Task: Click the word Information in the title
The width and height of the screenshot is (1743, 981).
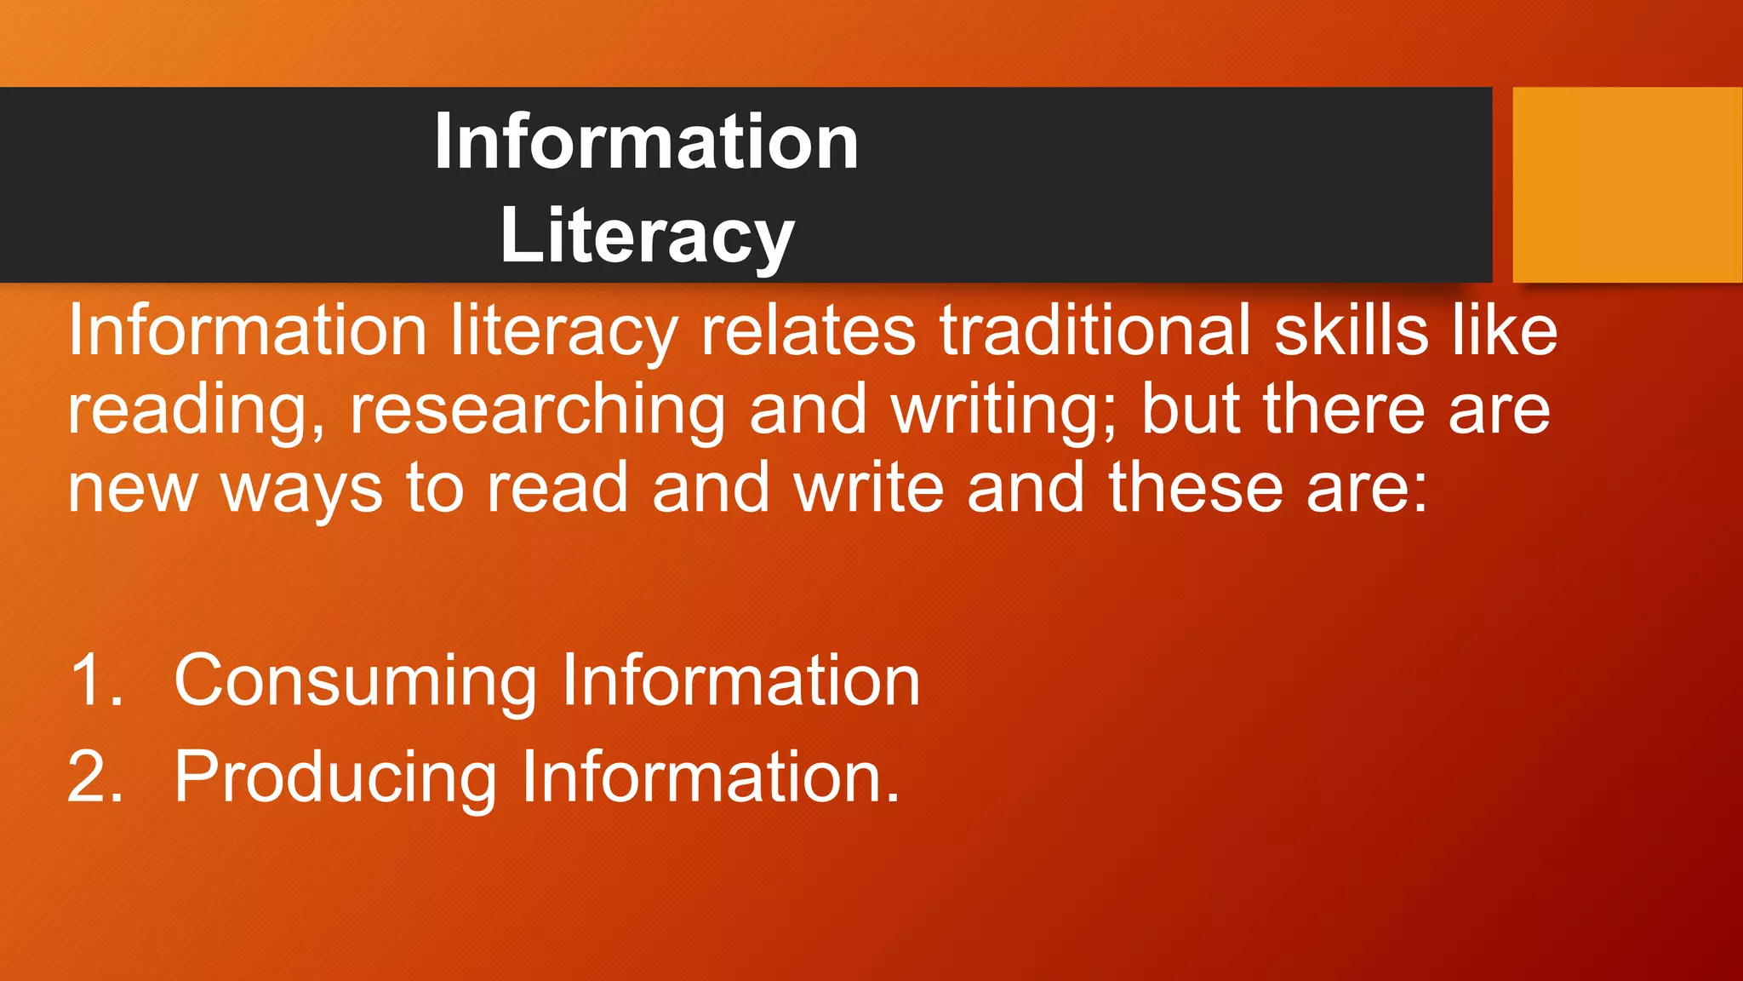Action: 646,142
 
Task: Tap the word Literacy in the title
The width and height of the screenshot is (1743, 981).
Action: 647,236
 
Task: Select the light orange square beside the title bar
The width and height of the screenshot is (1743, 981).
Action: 1627,185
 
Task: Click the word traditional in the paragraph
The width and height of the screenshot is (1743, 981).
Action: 1095,330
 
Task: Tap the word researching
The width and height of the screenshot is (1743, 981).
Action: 537,410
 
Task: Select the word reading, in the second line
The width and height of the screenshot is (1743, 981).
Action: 196,410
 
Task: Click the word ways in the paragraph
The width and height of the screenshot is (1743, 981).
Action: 301,490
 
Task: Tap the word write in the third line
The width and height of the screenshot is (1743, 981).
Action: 869,488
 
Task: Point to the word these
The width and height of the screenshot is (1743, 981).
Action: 1195,488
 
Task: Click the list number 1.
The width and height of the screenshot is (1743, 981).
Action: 95,680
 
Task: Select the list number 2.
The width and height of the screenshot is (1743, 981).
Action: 95,777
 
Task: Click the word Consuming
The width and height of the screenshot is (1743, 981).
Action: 355,682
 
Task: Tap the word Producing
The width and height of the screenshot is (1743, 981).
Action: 335,778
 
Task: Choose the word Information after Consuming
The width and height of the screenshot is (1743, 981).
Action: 740,680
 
